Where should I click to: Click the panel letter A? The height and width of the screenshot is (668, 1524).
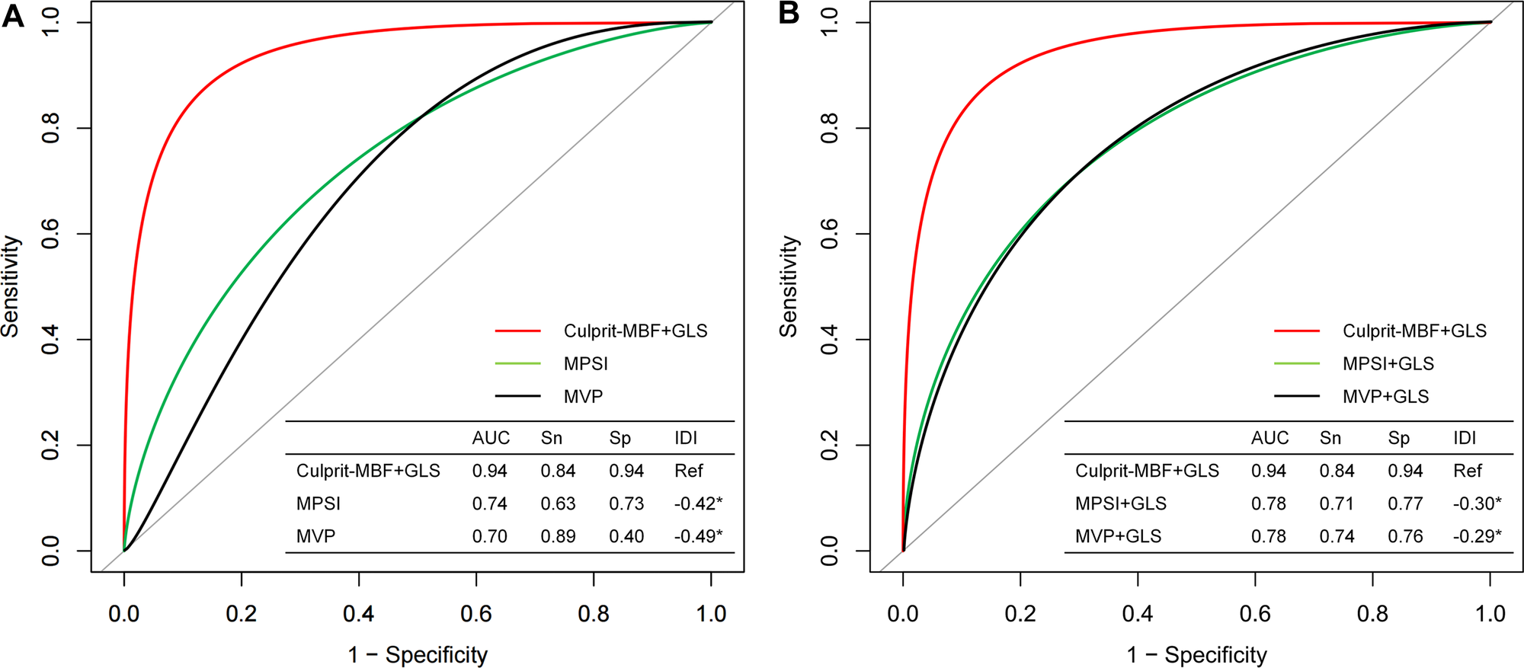(13, 15)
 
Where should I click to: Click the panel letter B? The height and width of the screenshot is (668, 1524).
(789, 15)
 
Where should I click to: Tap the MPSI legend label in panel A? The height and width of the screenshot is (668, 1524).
(585, 364)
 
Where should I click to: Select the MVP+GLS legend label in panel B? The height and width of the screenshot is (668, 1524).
(1385, 397)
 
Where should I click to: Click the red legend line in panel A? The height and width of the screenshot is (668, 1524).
(517, 331)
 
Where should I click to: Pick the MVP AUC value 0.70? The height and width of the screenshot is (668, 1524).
(489, 536)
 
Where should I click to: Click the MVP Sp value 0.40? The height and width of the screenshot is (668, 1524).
(626, 536)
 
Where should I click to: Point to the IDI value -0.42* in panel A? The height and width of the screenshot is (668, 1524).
(697, 503)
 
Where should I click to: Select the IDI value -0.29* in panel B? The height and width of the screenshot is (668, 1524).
(1476, 536)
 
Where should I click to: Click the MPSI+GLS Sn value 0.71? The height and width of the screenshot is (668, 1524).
(1337, 503)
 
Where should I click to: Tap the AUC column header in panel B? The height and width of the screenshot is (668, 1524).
(1269, 438)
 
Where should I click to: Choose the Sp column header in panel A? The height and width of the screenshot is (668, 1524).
(620, 438)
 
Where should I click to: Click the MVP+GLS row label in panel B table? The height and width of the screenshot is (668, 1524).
(1118, 536)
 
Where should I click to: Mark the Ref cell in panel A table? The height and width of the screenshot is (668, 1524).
(688, 471)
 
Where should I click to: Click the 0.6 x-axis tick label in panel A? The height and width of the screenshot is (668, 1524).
(476, 614)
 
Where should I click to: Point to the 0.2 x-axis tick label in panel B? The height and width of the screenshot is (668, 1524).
(1020, 614)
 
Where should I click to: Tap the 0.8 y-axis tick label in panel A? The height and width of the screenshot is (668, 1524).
(51, 128)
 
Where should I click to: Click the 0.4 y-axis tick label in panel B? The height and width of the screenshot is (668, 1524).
(830, 339)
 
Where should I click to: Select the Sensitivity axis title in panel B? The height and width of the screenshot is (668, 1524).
(789, 286)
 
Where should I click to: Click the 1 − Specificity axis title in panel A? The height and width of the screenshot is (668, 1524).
(418, 655)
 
